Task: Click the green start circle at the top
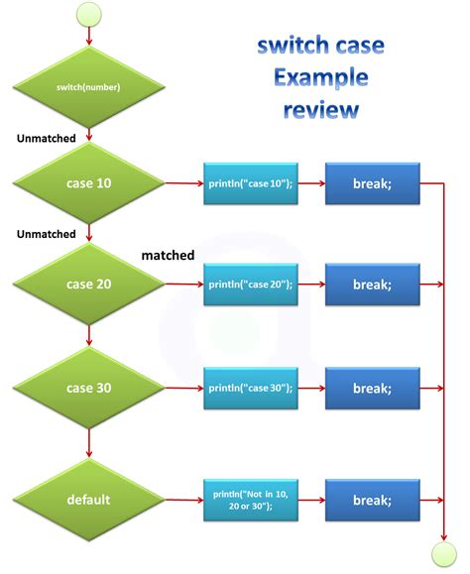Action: [x=89, y=14]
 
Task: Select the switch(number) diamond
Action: [x=89, y=86]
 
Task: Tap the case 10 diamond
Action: [x=89, y=183]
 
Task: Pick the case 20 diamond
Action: [x=89, y=285]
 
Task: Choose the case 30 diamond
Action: [x=89, y=388]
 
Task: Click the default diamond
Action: [x=89, y=499]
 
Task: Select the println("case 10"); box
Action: [x=251, y=184]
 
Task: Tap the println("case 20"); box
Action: [x=251, y=285]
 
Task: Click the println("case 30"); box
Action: [x=251, y=388]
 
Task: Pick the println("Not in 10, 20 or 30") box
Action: [x=251, y=499]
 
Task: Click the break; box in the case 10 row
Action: [x=372, y=184]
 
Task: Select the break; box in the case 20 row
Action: [x=372, y=285]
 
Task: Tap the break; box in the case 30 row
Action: [x=372, y=388]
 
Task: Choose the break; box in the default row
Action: [x=372, y=499]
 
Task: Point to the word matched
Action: [x=168, y=255]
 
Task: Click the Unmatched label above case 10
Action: [x=47, y=138]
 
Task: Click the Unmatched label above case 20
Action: [x=47, y=234]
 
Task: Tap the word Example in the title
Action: [x=320, y=77]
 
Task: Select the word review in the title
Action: [x=320, y=109]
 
